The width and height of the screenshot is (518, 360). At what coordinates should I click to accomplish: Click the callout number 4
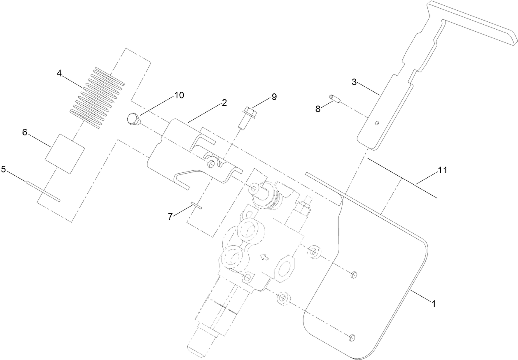59,74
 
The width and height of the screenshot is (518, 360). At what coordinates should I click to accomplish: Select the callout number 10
179,95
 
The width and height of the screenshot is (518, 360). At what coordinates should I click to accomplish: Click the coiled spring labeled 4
98,97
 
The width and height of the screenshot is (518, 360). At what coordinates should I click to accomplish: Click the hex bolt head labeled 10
133,119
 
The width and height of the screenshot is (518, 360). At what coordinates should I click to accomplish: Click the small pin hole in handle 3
377,123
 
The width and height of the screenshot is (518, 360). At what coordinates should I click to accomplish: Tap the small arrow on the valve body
264,258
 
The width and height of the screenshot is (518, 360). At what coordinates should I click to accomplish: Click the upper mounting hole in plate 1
353,275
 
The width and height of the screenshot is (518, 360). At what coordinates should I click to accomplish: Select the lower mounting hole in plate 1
352,338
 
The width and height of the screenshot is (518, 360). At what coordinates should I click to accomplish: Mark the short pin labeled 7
196,206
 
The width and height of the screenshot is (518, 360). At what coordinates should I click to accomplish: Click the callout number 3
354,82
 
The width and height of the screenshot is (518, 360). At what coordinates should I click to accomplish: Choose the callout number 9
274,97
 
